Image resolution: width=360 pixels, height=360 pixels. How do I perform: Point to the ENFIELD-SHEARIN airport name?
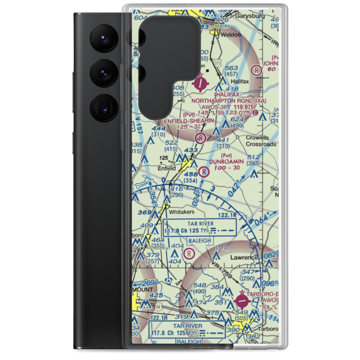pos(186,121)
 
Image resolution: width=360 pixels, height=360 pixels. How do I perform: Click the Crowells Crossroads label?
pos(261,141)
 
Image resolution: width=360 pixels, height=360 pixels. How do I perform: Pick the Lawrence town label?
pos(245,257)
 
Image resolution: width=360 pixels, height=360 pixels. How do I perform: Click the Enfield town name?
pos(167,168)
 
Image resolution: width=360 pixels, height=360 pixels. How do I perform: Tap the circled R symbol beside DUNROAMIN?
pos(204,172)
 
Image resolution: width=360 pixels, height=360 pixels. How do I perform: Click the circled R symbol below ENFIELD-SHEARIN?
pos(200,138)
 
